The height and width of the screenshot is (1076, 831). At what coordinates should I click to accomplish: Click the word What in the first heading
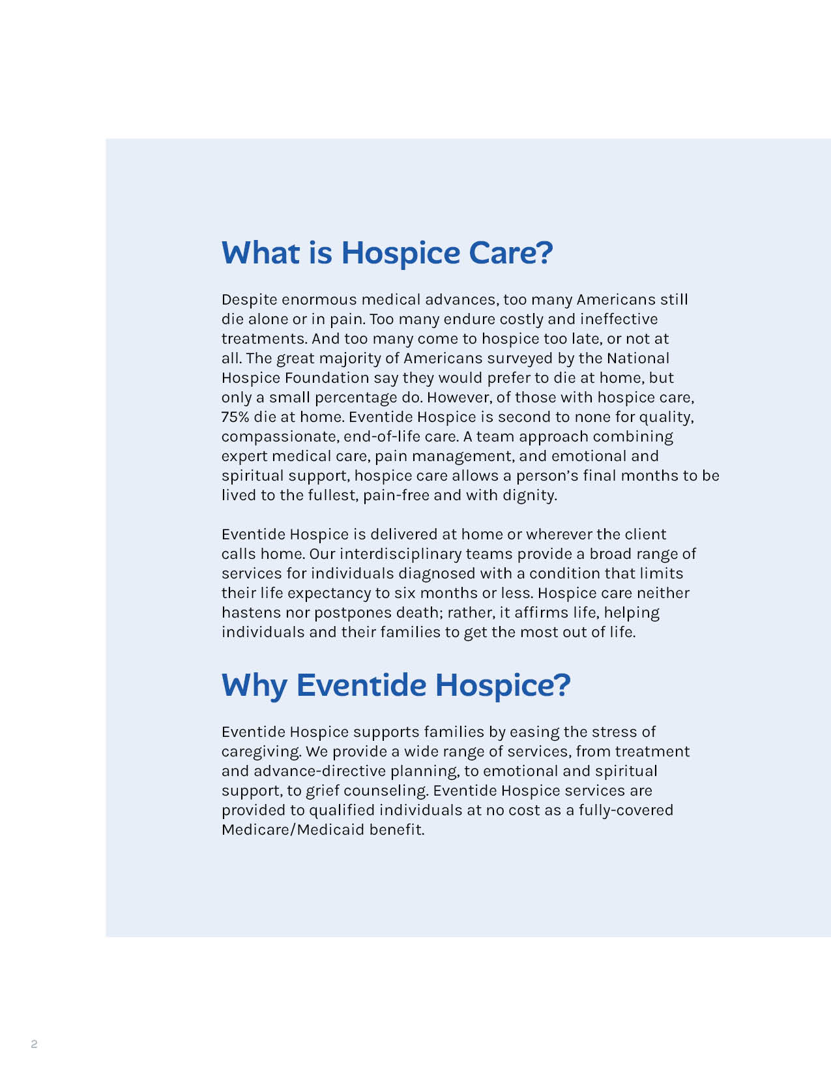(x=261, y=253)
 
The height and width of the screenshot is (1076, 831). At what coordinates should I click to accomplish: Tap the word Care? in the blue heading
(x=510, y=253)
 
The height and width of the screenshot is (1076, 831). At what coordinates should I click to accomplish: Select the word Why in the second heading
(x=254, y=686)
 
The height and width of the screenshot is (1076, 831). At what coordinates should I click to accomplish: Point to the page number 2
(x=34, y=1044)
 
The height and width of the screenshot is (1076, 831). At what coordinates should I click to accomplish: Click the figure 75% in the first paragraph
(x=235, y=417)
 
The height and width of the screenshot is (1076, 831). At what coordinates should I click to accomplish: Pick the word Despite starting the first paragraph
(x=249, y=300)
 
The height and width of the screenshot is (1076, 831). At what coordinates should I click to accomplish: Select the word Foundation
(x=327, y=378)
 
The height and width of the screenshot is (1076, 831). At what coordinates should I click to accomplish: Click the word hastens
(x=251, y=612)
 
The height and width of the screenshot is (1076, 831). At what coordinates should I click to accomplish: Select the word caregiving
(x=261, y=752)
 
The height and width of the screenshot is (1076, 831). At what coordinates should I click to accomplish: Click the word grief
(x=323, y=791)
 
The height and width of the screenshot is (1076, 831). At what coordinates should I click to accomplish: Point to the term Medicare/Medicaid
(x=293, y=830)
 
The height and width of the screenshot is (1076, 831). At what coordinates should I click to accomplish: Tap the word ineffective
(x=619, y=319)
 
